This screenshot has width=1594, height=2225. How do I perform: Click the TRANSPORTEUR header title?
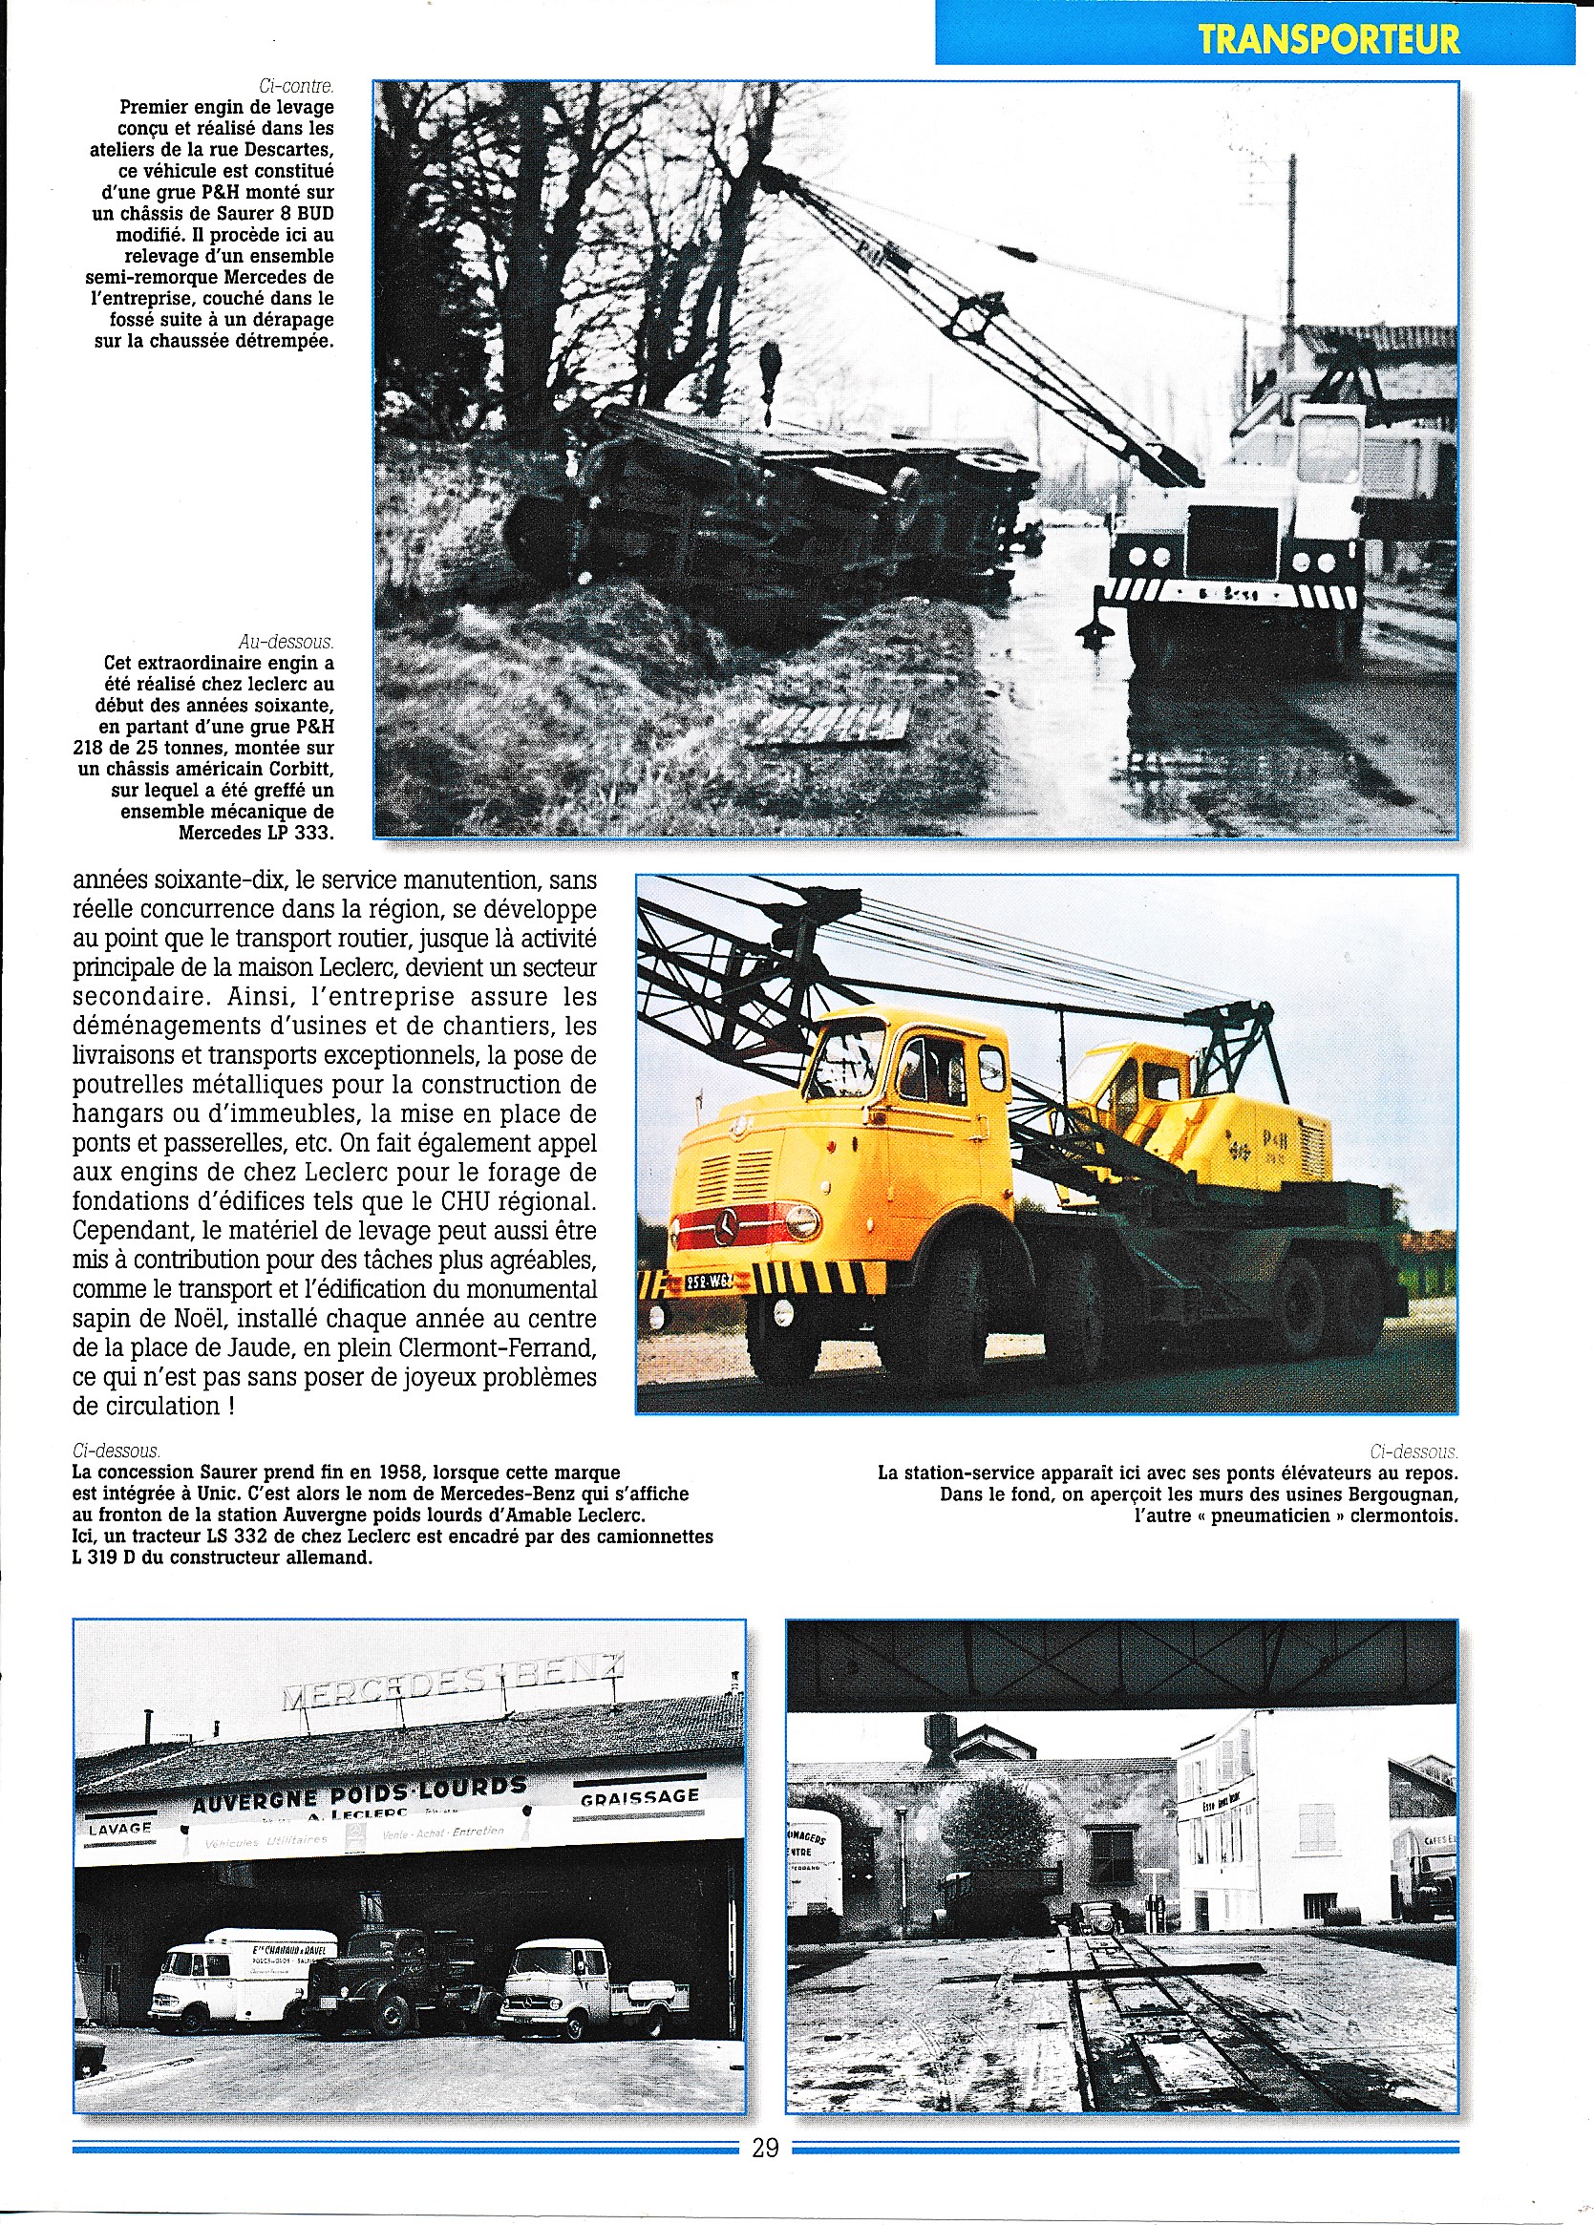1328,39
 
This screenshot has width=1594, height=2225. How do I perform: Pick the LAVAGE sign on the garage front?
119,1829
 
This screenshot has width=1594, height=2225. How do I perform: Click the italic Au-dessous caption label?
286,642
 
